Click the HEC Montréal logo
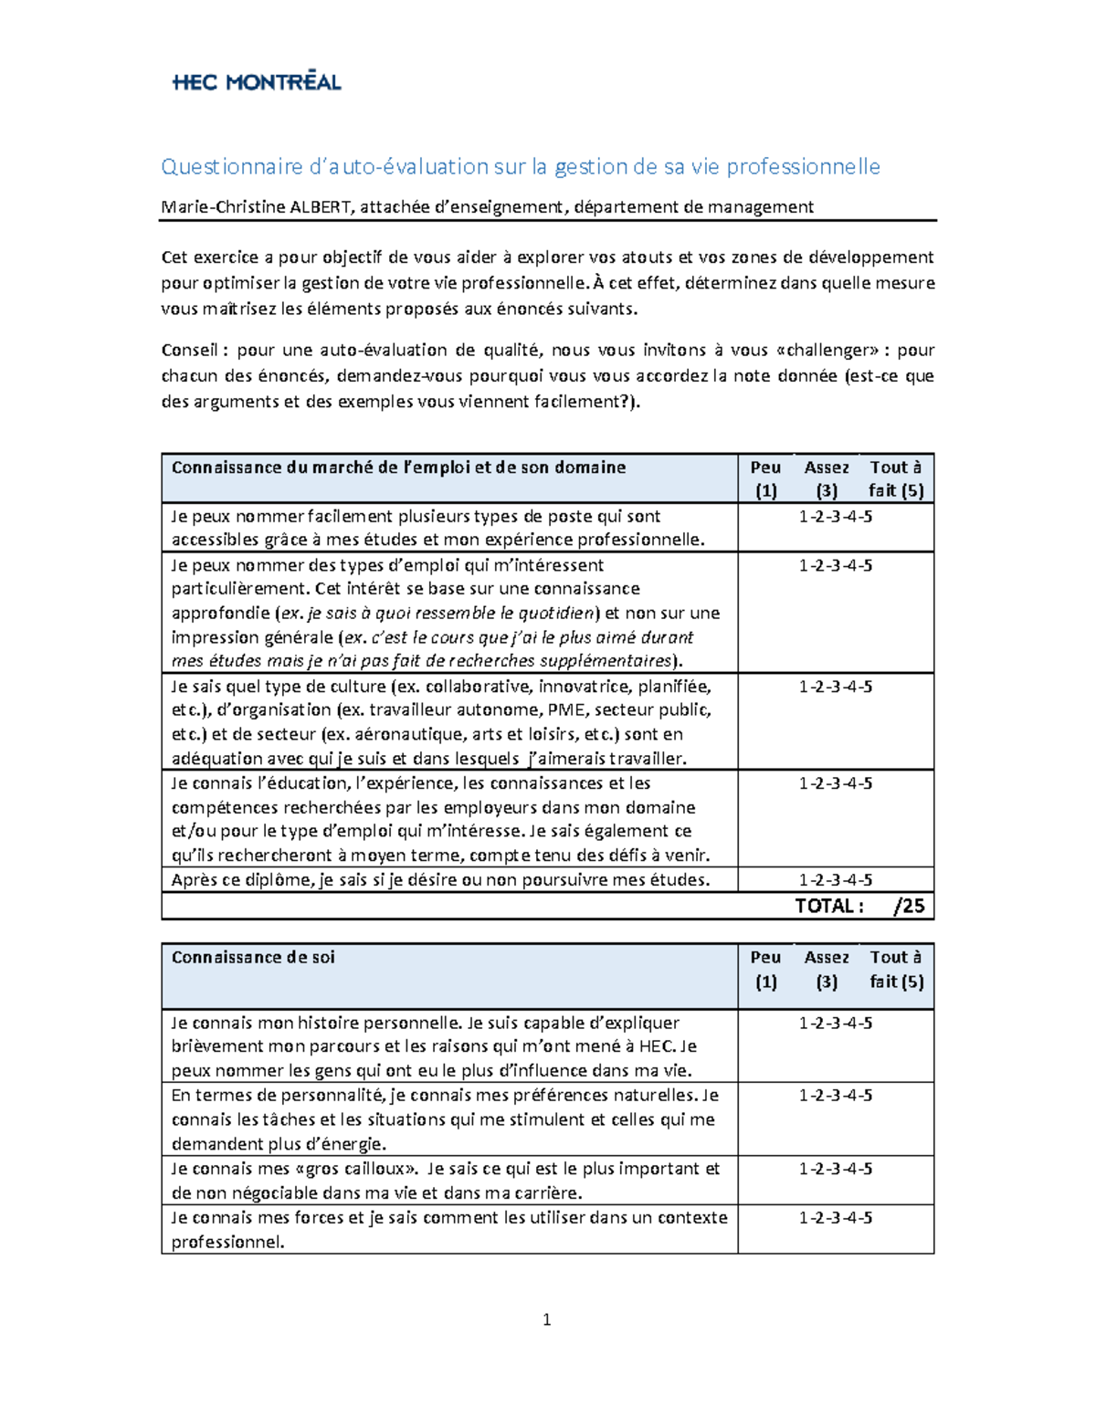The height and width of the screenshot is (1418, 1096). (257, 81)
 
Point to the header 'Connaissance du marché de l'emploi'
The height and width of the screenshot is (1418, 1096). (398, 467)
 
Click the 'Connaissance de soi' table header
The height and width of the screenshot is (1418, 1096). (253, 957)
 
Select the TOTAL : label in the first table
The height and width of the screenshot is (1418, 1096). (828, 906)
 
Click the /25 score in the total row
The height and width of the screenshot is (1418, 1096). (909, 906)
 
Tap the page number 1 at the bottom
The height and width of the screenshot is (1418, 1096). (546, 1319)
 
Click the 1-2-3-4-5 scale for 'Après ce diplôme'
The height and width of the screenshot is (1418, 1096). (835, 880)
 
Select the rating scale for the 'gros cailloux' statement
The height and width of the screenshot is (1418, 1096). (835, 1169)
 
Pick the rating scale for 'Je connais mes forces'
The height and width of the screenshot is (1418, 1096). (835, 1217)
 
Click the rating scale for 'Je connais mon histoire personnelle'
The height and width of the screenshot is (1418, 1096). (835, 1023)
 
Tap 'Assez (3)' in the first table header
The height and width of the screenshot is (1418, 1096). (827, 478)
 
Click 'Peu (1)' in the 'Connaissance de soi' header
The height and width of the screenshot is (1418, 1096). (765, 969)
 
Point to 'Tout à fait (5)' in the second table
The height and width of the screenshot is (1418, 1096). (896, 969)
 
